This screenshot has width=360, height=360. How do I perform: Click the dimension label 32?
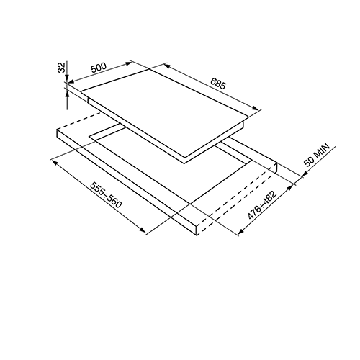[62, 68]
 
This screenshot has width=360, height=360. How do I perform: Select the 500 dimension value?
[99, 68]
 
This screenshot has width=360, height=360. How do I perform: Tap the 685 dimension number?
[218, 84]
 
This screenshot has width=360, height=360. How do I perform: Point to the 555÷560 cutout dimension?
[106, 195]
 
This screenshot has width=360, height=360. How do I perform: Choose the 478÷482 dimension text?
[262, 204]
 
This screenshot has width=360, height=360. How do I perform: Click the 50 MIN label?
[317, 155]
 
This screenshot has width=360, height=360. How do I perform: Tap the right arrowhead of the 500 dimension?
[129, 63]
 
